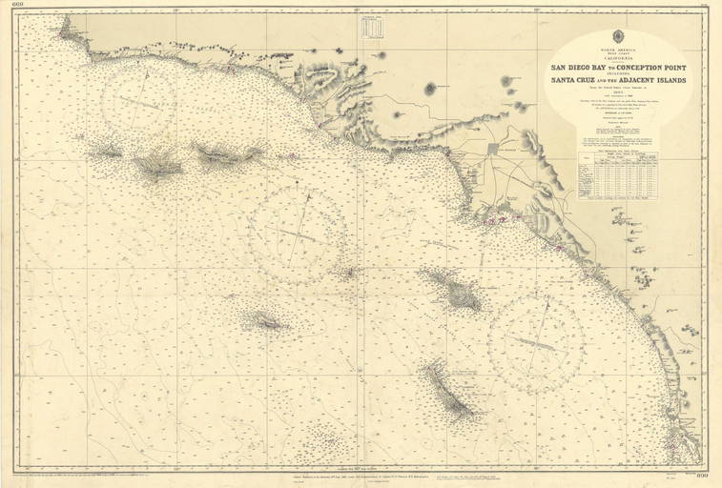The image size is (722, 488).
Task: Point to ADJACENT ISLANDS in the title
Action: tap(651, 79)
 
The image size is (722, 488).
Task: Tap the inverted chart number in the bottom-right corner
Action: tap(704, 476)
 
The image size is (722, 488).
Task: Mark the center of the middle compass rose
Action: tap(299, 234)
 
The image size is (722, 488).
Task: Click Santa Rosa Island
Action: tap(157, 168)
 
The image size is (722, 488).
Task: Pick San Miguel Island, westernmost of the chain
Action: tap(105, 151)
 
